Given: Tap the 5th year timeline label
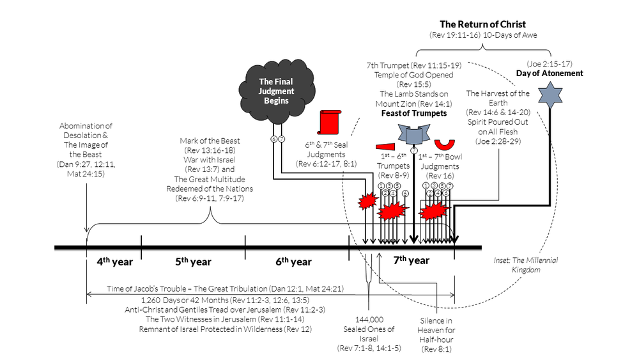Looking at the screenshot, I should [192, 261].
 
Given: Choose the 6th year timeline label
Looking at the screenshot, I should [293, 261].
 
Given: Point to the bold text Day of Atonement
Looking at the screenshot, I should [550, 73].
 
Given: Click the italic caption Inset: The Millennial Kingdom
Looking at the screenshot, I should [517, 265].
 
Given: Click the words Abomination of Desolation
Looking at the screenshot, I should [86, 130].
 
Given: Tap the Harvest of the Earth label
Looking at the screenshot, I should [498, 98].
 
